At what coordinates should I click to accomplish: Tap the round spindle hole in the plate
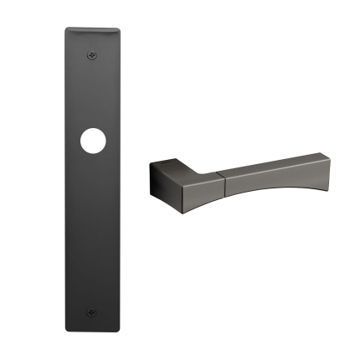click(x=90, y=141)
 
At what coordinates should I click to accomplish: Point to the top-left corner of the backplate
click(x=66, y=29)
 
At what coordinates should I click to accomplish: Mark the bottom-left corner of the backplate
click(x=66, y=332)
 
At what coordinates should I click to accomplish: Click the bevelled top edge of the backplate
click(x=91, y=31)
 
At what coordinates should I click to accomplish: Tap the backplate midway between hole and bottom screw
click(x=91, y=228)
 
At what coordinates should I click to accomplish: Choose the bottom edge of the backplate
click(x=91, y=332)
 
